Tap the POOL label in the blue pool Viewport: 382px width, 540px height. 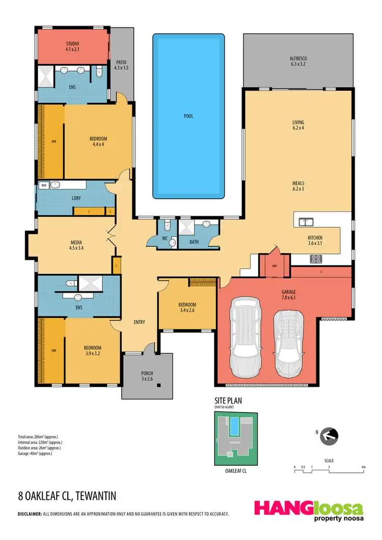pyautogui.click(x=188, y=116)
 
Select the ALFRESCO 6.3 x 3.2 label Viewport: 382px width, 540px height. pyautogui.click(x=298, y=62)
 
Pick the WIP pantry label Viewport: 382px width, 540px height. pyautogui.click(x=275, y=265)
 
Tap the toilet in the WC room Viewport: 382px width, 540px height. pyautogui.click(x=172, y=243)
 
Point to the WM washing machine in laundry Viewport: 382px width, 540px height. pyautogui.click(x=43, y=185)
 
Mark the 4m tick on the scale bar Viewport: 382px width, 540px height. pyautogui.click(x=363, y=467)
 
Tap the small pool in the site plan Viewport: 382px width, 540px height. pyautogui.click(x=234, y=426)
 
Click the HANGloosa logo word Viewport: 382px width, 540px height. pyautogui.click(x=309, y=508)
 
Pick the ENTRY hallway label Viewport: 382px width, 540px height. pyautogui.click(x=139, y=322)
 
